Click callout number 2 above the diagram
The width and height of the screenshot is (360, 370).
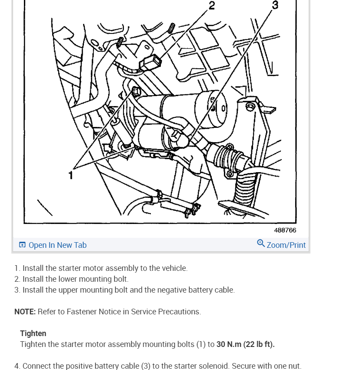pos(212,6)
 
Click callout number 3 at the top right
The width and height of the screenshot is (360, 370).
pos(275,5)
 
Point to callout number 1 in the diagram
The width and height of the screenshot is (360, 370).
pos(70,175)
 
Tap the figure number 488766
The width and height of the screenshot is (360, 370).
pos(285,230)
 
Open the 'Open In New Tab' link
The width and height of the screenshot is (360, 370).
pos(57,245)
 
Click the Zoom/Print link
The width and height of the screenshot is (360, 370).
pos(286,245)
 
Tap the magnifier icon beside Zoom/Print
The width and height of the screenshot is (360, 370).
pos(261,243)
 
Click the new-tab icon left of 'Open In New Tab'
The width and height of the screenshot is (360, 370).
pos(23,245)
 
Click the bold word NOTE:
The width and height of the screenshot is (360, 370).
pos(25,312)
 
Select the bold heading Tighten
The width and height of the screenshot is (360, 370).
pos(33,333)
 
